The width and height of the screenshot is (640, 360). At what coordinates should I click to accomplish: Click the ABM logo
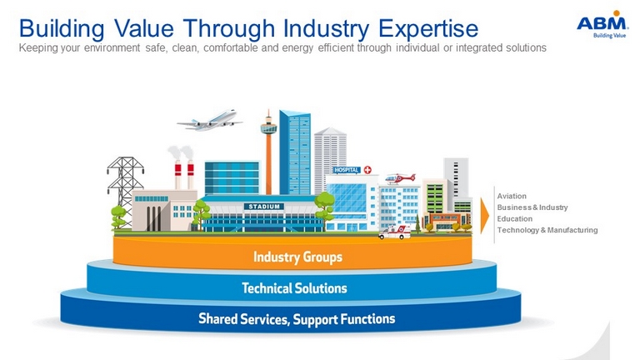602,24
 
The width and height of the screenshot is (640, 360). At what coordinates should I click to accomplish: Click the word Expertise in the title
428,28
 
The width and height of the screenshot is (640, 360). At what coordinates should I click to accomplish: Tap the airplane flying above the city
210,120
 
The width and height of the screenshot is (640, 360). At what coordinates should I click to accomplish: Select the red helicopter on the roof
400,178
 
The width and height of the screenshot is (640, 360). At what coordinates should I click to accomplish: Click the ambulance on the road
395,232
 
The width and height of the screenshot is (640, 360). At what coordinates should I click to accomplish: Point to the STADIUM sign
264,207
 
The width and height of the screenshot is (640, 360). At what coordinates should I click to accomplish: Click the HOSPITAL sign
346,170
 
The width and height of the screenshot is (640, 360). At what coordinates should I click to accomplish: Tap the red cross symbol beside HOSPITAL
367,170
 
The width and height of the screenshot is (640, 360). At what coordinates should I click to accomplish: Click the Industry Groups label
297,257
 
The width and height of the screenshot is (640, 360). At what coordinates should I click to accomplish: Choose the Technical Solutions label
294,288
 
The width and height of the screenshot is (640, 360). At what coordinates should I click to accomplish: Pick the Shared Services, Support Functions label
297,319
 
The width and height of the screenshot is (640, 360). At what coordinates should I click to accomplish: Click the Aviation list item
512,196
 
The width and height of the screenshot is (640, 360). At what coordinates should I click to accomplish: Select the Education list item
515,219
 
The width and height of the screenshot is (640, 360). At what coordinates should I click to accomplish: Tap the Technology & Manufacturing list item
547,230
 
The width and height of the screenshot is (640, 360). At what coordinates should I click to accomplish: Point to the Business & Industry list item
532,207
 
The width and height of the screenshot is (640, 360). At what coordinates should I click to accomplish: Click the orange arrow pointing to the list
484,216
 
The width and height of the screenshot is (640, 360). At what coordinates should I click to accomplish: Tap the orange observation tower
268,153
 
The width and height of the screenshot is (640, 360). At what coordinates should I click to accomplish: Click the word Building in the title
62,28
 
